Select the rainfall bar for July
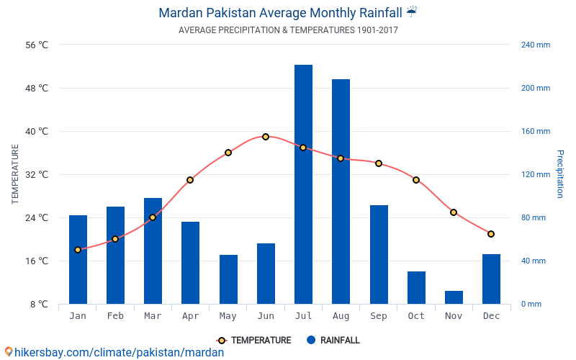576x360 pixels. (303, 184)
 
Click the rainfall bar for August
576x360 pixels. (341, 192)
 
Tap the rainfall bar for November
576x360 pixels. (454, 297)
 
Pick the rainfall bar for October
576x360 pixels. (416, 287)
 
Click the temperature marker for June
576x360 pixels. (266, 137)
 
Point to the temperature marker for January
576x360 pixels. (78, 250)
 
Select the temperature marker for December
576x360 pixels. (491, 234)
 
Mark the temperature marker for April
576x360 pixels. (190, 180)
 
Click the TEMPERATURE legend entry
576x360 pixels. (254, 341)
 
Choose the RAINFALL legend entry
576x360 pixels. (333, 341)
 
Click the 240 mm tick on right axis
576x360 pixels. (535, 45)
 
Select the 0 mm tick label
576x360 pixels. (531, 304)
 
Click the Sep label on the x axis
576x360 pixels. (379, 316)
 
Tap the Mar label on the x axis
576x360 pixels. (153, 316)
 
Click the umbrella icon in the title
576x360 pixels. (411, 12)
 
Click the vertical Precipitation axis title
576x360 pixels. (559, 174)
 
